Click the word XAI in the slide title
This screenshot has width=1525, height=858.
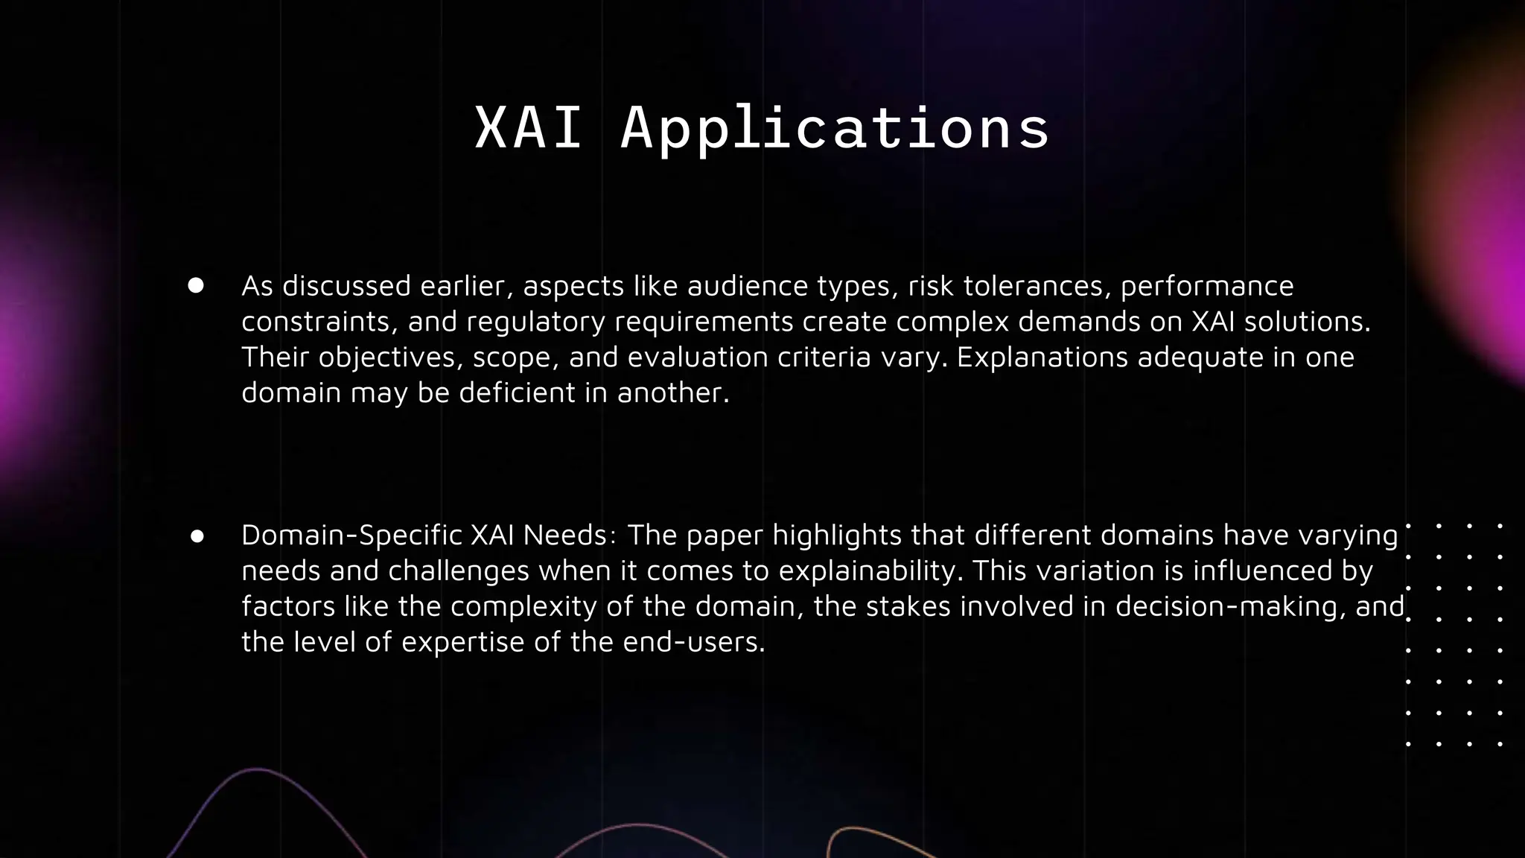pyautogui.click(x=528, y=128)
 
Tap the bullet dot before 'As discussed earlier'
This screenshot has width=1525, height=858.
pyautogui.click(x=196, y=286)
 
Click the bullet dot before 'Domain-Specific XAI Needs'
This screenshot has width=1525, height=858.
pyautogui.click(x=197, y=536)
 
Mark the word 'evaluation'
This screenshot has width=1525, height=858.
pyautogui.click(x=698, y=357)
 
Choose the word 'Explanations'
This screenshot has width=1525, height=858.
pyautogui.click(x=1045, y=358)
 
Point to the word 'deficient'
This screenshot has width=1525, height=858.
pyautogui.click(x=517, y=393)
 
